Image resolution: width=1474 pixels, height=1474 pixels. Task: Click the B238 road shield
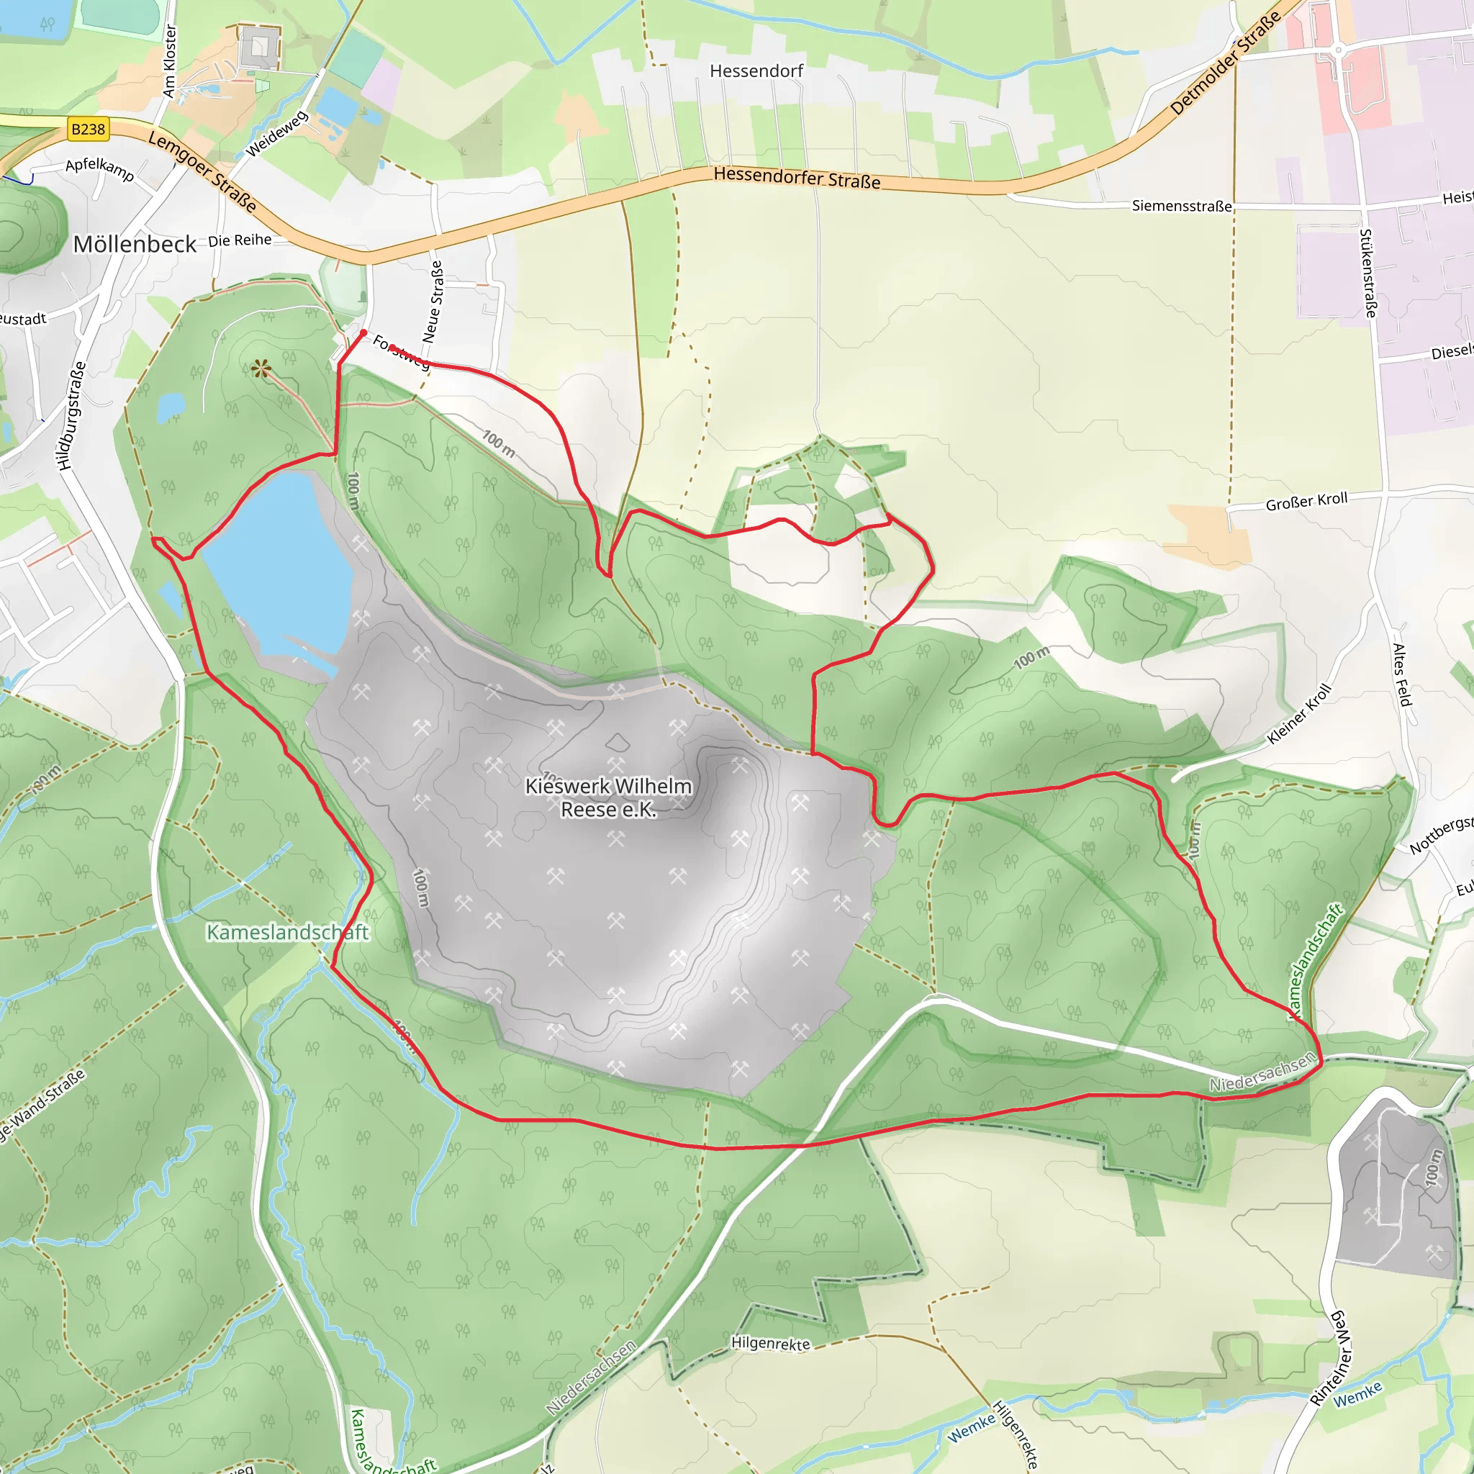pyautogui.click(x=88, y=129)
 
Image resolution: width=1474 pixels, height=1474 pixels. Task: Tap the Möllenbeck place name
pyautogui.click(x=135, y=244)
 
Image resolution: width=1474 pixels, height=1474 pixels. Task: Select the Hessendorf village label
pyautogui.click(x=756, y=71)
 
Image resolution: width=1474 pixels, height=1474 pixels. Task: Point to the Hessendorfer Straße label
pyautogui.click(x=797, y=178)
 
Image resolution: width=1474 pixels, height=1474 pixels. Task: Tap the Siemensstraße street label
pyautogui.click(x=1181, y=205)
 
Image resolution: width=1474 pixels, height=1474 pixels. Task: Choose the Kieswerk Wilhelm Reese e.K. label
pyautogui.click(x=608, y=797)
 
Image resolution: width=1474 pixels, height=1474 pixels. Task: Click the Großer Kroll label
pyautogui.click(x=1306, y=501)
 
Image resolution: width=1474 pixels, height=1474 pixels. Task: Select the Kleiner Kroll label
pyautogui.click(x=1298, y=714)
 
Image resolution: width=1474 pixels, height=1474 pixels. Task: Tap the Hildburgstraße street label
pyautogui.click(x=72, y=415)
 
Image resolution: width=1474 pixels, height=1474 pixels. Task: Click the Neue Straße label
pyautogui.click(x=433, y=302)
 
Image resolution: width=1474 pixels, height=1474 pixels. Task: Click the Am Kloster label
pyautogui.click(x=169, y=61)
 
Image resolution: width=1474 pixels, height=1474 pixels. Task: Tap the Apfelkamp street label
pyautogui.click(x=100, y=168)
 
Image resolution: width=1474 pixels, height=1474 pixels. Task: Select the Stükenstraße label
pyautogui.click(x=1369, y=272)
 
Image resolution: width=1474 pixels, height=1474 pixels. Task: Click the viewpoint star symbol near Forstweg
pyautogui.click(x=261, y=369)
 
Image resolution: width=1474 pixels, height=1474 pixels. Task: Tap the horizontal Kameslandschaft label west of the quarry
pyautogui.click(x=288, y=932)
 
